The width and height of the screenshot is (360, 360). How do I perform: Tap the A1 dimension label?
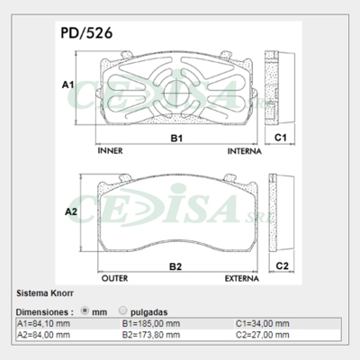coord(67,85)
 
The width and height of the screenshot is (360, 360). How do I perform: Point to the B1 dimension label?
coord(177,138)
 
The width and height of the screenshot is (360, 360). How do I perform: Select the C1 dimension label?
coord(281,138)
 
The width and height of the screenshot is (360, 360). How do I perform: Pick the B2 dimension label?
coord(176,266)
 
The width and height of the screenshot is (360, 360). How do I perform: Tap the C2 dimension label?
coord(281,266)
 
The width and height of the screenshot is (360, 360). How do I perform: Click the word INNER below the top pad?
coord(109,151)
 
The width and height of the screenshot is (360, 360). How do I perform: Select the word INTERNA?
coord(245,151)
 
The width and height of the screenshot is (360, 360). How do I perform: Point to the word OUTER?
coord(114,279)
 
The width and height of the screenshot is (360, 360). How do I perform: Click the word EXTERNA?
coord(243,279)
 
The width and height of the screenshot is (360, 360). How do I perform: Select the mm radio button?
coord(86,310)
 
